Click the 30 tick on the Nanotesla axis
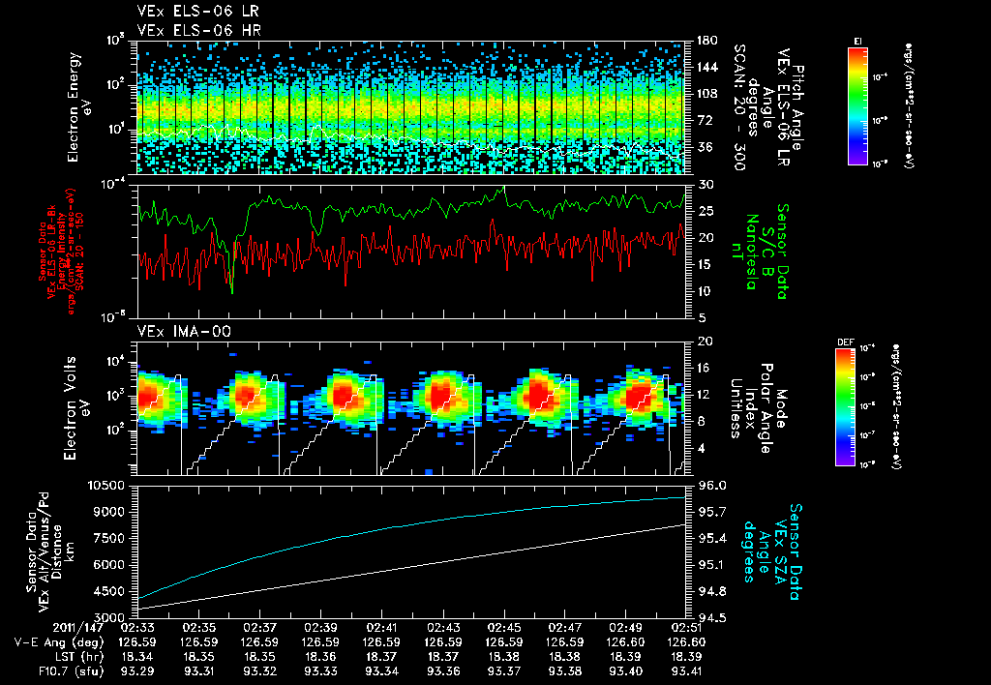click(x=706, y=184)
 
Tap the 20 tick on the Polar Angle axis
click(x=706, y=342)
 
